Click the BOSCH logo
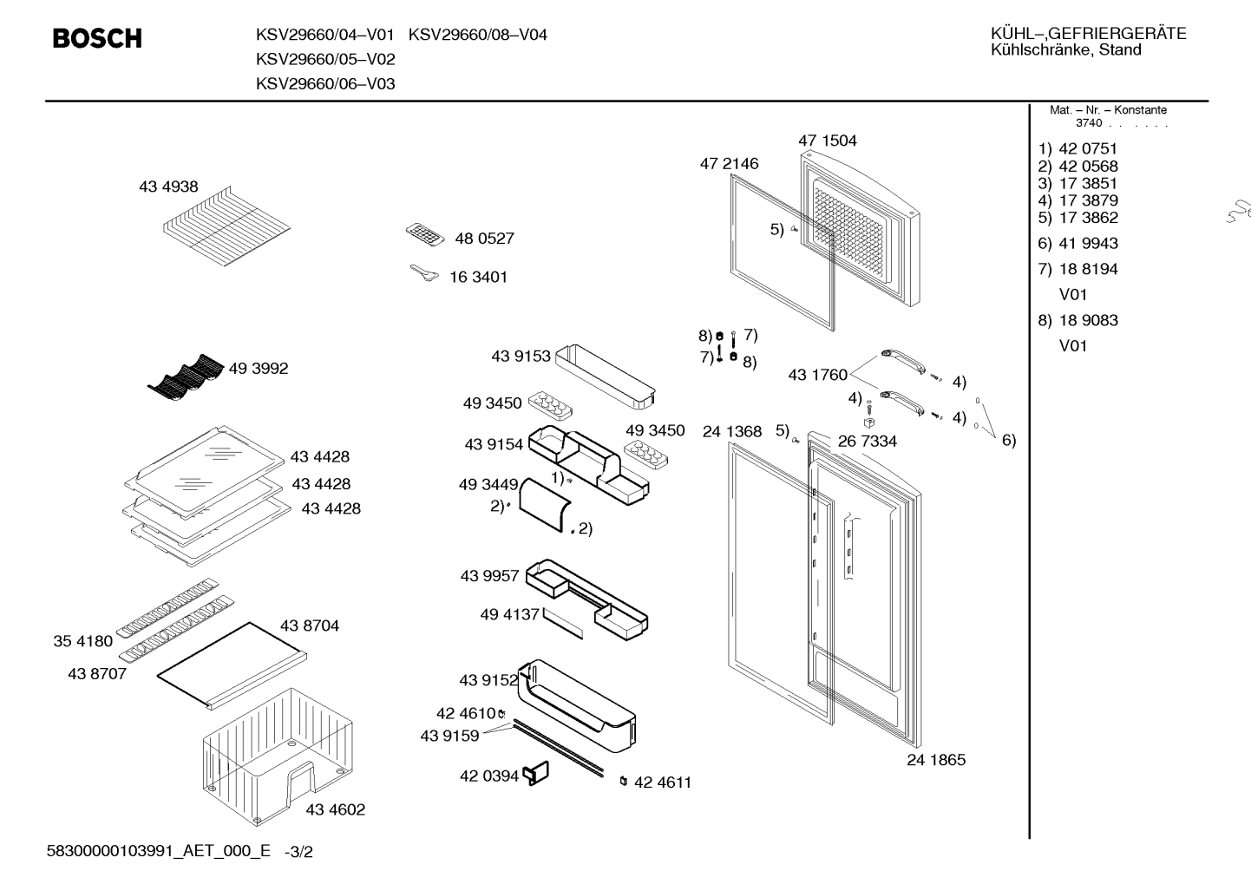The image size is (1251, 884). click(x=97, y=38)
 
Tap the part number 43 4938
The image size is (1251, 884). click(x=168, y=187)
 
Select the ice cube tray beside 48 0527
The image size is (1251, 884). click(x=425, y=234)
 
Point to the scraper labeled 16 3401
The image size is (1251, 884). click(x=424, y=273)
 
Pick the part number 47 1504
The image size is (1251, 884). click(x=827, y=141)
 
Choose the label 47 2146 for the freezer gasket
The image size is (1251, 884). click(x=729, y=164)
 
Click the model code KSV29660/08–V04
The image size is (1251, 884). click(x=477, y=35)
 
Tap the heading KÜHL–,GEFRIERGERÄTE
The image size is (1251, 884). click(x=1089, y=34)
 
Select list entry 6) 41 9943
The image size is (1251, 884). click(x=1077, y=244)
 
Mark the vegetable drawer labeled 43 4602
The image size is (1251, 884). click(x=278, y=756)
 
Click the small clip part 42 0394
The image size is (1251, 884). click(x=535, y=774)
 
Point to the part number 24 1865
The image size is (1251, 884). click(x=936, y=760)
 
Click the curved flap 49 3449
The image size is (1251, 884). click(x=545, y=505)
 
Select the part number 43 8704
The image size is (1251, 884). click(x=310, y=626)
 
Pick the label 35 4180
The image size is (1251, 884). click(x=82, y=642)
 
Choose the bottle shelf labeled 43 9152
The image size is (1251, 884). click(x=576, y=705)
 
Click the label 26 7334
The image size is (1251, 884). click(x=868, y=442)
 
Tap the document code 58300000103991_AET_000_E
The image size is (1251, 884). click(x=159, y=851)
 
